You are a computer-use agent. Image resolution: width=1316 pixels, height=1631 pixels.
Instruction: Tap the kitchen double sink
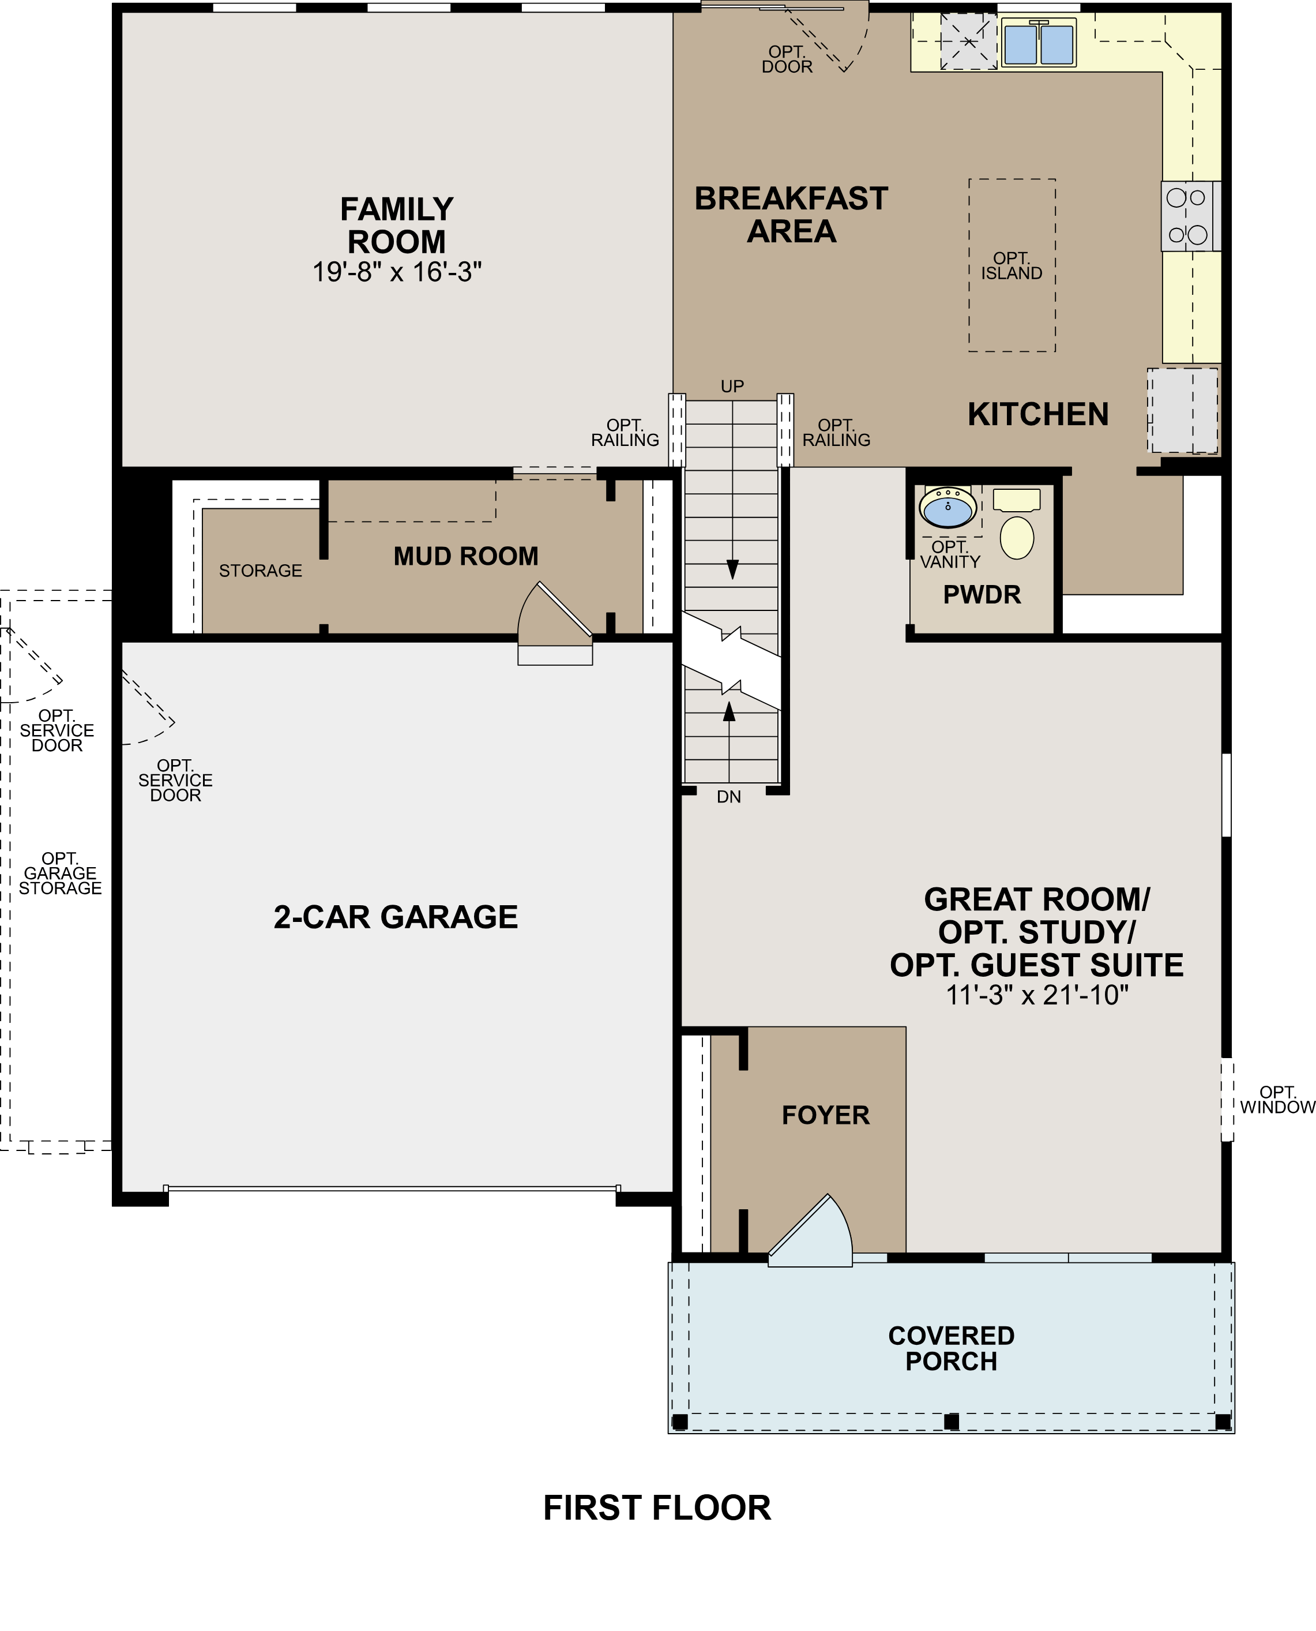[x=1039, y=44]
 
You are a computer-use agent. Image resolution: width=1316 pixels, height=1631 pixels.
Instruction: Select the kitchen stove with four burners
[x=1187, y=216]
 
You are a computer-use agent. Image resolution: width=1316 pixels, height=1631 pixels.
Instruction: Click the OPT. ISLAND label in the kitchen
[x=1012, y=266]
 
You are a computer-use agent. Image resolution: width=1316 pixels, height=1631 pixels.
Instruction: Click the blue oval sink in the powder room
[x=947, y=507]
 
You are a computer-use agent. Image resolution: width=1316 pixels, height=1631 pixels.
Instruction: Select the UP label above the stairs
[x=732, y=387]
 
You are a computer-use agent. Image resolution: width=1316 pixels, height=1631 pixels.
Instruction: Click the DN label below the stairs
[x=728, y=797]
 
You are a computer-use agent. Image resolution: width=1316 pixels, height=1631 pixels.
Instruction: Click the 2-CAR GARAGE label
[x=396, y=917]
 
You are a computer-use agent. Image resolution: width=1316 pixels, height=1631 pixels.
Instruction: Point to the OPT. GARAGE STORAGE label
[x=60, y=873]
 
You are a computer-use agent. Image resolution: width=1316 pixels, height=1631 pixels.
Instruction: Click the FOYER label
[x=826, y=1115]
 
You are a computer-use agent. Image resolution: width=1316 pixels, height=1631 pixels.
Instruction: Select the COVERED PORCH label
[x=952, y=1348]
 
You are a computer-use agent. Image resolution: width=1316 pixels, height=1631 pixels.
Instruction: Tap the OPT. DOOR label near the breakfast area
[x=787, y=59]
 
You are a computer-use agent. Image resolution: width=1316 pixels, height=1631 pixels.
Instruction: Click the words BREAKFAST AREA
[x=791, y=215]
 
